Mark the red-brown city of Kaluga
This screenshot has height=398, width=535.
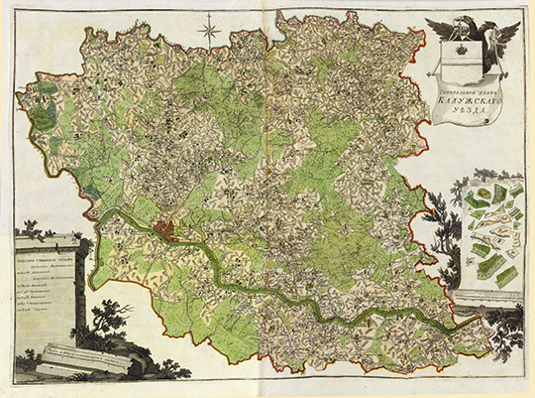tap(169, 231)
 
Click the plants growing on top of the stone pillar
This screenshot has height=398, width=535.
tap(50, 236)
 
